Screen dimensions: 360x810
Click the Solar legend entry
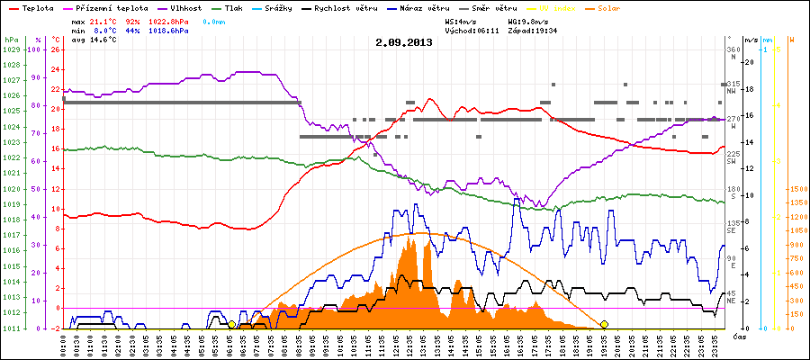[x=622, y=8]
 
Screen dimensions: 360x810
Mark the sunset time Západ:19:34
[x=533, y=30]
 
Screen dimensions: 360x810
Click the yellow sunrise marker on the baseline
[x=231, y=324]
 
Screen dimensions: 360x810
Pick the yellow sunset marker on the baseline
[x=604, y=324]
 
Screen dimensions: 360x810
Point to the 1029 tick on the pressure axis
[x=11, y=50]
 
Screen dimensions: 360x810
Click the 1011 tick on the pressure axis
[x=11, y=328]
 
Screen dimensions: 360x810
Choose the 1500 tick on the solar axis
[x=797, y=190]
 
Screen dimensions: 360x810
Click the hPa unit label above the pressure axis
[x=11, y=40]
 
